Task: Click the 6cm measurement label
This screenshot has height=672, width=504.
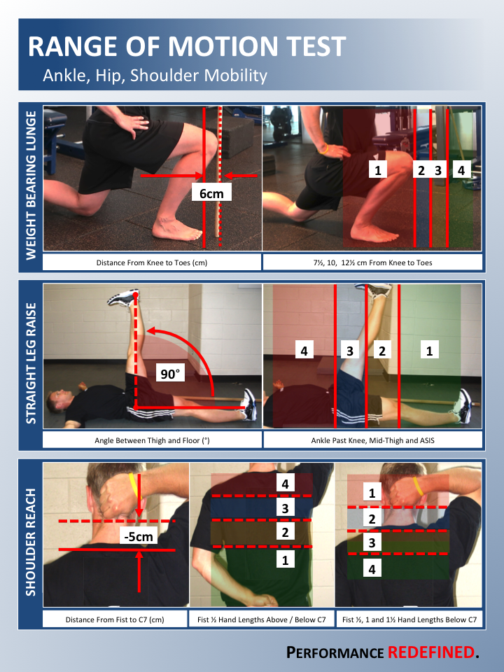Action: pos(211,193)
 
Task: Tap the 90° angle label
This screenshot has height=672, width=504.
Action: pos(169,374)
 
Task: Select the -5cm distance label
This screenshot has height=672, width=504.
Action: pos(139,536)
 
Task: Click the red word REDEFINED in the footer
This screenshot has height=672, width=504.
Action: pos(430,652)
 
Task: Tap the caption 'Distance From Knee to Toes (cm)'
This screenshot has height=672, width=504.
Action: pos(152,262)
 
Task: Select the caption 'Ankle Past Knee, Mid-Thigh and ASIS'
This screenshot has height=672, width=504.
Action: pos(372,440)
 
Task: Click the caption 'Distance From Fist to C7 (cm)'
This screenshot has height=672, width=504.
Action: pos(115,619)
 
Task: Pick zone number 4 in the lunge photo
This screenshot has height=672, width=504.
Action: pos(461,170)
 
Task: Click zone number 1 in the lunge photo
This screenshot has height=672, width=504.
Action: pos(377,169)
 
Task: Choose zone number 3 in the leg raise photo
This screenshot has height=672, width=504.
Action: pos(350,350)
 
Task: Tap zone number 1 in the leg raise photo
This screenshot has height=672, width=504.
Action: pos(429,350)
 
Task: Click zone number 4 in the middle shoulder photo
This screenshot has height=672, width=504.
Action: pos(285,484)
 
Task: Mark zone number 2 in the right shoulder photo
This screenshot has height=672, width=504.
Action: pos(372,519)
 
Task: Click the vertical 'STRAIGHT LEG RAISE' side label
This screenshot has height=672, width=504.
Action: pos(31,363)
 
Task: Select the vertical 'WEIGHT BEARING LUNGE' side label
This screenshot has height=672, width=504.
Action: pos(31,185)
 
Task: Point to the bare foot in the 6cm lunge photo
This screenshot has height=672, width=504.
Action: pos(176,230)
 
